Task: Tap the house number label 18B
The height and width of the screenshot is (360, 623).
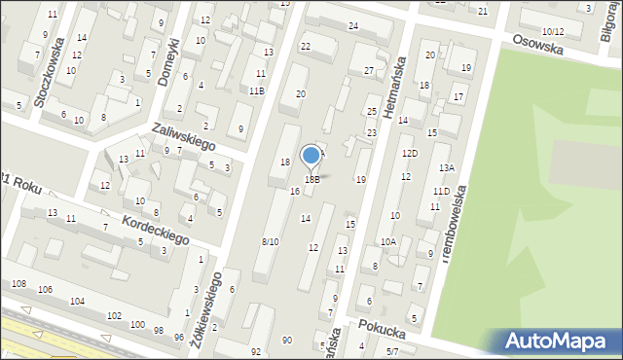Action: pyautogui.click(x=312, y=179)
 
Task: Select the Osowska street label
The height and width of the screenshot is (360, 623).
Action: pyautogui.click(x=538, y=45)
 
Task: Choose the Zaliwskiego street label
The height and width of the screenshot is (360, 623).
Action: pyautogui.click(x=183, y=137)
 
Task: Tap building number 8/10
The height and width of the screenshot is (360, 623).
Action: pyautogui.click(x=271, y=241)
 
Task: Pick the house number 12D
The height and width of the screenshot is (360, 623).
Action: pyautogui.click(x=410, y=153)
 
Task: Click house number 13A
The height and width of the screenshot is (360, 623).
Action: pyautogui.click(x=446, y=167)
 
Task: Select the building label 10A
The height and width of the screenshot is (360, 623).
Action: pyautogui.click(x=388, y=241)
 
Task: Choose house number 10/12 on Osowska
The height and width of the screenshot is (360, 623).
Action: pyautogui.click(x=553, y=32)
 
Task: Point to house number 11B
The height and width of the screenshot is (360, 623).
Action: pyautogui.click(x=256, y=90)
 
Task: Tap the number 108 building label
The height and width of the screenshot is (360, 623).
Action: pyautogui.click(x=18, y=283)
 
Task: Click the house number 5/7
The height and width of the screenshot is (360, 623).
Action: pyautogui.click(x=392, y=350)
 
